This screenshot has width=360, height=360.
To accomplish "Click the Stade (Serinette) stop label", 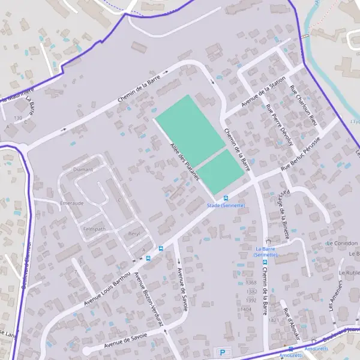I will coord(226,206).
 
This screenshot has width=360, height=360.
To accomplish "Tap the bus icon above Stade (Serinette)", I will coord(226,198).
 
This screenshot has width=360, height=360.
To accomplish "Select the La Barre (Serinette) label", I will coord(265,251).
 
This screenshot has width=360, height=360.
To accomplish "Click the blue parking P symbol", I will coord(223,352).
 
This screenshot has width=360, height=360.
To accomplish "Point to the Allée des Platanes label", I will coord(184,158).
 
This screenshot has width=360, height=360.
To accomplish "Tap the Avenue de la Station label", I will coord(263,95).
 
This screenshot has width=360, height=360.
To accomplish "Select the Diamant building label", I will coord(83,169).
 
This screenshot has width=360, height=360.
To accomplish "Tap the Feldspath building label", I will coord(94,229).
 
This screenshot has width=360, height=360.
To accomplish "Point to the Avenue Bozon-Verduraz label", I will coord(149,299).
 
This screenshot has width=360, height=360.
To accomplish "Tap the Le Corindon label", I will coord(342,244).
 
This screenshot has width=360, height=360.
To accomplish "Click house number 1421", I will coord(274,320).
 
